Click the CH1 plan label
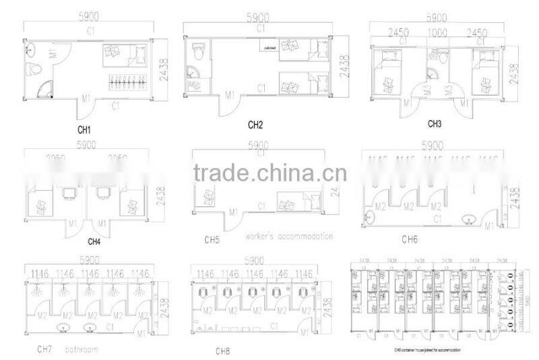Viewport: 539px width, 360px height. [84, 129]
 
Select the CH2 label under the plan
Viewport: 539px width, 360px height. [255, 124]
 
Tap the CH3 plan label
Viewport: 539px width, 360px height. [435, 124]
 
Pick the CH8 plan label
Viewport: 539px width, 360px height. [223, 351]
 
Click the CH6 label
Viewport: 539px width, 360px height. [410, 239]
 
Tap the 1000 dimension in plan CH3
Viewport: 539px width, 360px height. [439, 32]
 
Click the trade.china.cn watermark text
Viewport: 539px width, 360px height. [269, 173]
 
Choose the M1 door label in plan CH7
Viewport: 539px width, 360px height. [141, 332]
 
